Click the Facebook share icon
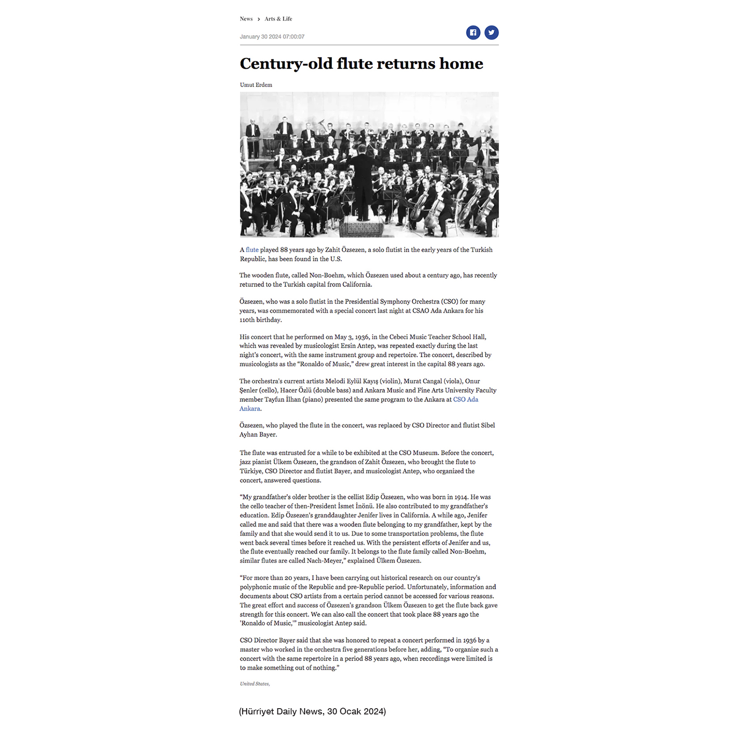473,33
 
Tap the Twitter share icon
491,33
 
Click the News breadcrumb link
246,19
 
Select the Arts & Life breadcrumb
278,19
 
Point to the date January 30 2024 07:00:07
272,37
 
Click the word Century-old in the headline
286,64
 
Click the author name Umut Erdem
256,85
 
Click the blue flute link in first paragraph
252,250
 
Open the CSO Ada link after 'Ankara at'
466,399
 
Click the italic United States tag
255,684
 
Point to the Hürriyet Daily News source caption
312,711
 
